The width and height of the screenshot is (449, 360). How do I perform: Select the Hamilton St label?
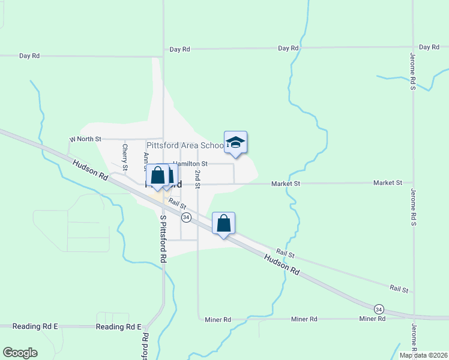pos(190,163)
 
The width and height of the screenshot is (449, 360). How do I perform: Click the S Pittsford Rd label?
pos(163,239)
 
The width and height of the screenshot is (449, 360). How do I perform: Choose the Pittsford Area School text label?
pos(185,145)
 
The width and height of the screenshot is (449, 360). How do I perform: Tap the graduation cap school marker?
pos(235,143)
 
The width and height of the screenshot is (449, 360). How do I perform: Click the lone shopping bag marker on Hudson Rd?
pos(223,224)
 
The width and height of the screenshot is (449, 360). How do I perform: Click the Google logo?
pos(20,353)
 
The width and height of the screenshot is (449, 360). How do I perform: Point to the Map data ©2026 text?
pos(423,355)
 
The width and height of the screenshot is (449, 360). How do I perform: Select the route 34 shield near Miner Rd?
pos(378,308)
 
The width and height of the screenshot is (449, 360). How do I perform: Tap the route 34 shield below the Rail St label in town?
pos(186,217)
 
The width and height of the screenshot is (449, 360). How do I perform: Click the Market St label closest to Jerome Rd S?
pos(387,182)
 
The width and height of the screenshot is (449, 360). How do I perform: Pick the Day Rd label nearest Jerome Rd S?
pos(429,47)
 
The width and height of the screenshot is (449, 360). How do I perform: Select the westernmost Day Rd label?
pos(29,56)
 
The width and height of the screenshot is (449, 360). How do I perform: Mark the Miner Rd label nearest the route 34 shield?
pos(372,319)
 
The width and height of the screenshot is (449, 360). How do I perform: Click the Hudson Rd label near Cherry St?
pos(90,170)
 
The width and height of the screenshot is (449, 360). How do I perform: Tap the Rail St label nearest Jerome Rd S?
pos(399,289)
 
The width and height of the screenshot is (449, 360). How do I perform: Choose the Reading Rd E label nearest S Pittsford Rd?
pos(118,327)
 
